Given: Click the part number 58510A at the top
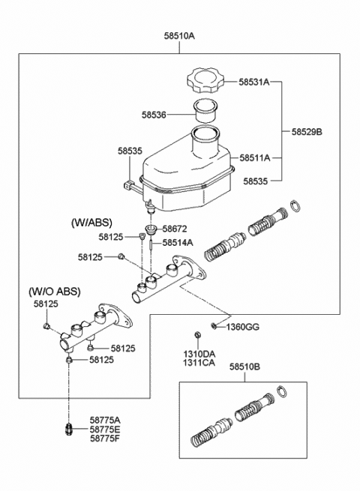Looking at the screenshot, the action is tap(179, 36).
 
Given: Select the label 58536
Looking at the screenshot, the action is tap(154, 115).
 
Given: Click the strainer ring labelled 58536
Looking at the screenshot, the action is tap(205, 112).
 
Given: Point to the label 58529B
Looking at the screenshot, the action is tap(307, 131).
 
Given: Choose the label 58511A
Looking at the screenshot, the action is tap(255, 158).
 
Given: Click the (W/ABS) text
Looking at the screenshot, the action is tap(91, 223).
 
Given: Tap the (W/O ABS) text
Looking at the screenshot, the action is tap(55, 292).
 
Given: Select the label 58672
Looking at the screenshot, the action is tap(175, 229).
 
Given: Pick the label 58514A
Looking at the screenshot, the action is tap(178, 243).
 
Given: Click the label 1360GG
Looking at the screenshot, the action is tap(243, 328).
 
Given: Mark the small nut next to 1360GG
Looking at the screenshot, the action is tap(214, 326).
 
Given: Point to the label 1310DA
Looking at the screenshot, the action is tap(199, 354).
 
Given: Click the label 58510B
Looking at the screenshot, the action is tap(244, 367).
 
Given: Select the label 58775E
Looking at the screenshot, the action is tap(105, 429).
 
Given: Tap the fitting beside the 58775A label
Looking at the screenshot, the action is tap(68, 430).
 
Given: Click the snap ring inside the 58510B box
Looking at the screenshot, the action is tap(282, 391).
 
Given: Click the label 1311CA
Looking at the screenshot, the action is tap(199, 363).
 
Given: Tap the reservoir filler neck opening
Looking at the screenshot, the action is tap(205, 133).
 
